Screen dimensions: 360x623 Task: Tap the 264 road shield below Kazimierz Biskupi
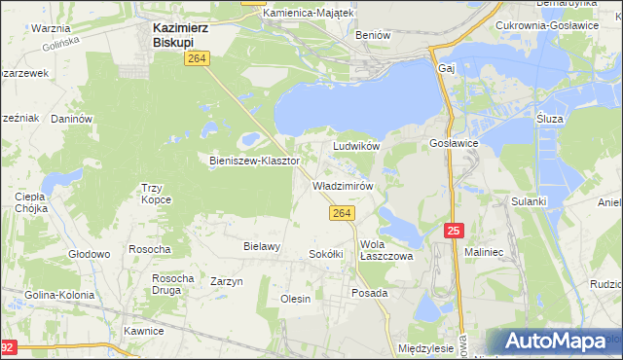[195, 60]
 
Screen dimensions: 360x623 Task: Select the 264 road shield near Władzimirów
[341, 213]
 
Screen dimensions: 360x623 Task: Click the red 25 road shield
[454, 230]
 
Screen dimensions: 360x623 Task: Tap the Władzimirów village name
[343, 185]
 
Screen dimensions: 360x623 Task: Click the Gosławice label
[453, 142]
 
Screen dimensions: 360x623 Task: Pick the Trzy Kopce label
[156, 193]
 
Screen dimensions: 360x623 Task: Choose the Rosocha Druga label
[172, 284]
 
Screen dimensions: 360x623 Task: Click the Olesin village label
[295, 299]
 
